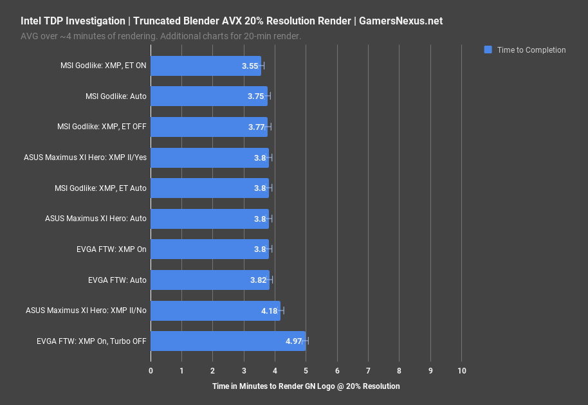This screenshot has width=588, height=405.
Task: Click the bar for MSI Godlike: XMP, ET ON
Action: point(206,66)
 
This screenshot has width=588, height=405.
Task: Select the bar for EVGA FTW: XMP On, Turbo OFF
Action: point(228,341)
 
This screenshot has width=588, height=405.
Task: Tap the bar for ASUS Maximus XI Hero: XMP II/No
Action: point(216,310)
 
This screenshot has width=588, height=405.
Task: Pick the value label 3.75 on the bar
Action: point(256,96)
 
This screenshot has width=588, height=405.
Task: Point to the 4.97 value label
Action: point(294,341)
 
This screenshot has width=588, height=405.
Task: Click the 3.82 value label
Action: point(257,280)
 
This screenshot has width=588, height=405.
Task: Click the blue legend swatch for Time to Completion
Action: point(488,50)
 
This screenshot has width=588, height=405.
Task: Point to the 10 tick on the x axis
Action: point(461,371)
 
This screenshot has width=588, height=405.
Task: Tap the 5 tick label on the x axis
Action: point(306,371)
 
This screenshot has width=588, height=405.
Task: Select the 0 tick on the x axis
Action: point(151,371)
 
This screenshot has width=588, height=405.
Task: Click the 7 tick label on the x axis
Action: point(368,371)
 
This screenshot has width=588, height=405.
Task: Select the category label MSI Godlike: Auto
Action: point(116,96)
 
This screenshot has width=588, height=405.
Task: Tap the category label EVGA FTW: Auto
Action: point(117,280)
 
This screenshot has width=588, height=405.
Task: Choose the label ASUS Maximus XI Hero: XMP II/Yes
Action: point(85,157)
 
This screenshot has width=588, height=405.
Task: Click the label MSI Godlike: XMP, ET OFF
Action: point(102,127)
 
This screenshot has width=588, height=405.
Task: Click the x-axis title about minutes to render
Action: point(306,386)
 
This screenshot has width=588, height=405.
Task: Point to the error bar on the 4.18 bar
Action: point(280,310)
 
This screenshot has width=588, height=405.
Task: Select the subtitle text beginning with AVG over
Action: point(160,36)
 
